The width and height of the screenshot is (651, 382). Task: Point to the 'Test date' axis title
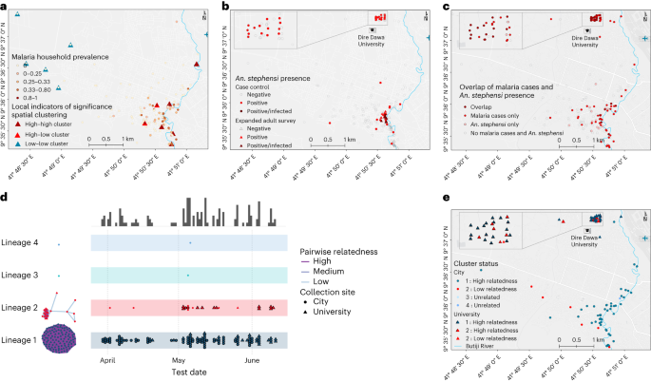pos(189,373)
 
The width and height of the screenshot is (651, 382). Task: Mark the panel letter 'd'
pos(5,199)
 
